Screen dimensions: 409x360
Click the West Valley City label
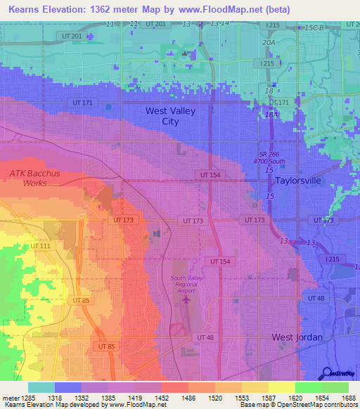170,116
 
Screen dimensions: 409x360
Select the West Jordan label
297,337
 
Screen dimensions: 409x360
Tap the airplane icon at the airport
186,300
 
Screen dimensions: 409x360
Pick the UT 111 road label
40,246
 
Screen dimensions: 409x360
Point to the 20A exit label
268,42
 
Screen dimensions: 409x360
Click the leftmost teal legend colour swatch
41,387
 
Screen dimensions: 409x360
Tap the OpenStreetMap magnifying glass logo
328,373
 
